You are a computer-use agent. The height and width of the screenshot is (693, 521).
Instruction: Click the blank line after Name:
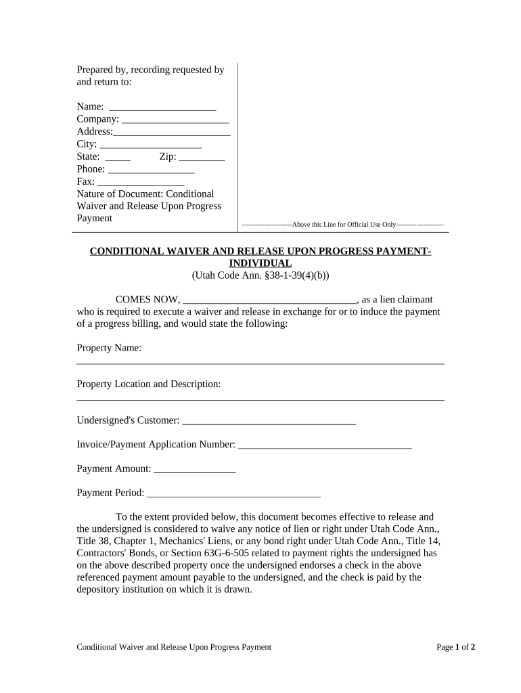pyautogui.click(x=162, y=108)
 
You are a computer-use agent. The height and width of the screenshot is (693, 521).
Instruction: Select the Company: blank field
pyautogui.click(x=175, y=120)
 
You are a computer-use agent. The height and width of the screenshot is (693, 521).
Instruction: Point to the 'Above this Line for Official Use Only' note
pyautogui.click(x=343, y=224)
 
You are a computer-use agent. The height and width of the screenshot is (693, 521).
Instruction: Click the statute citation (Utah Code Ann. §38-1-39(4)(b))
pyautogui.click(x=260, y=275)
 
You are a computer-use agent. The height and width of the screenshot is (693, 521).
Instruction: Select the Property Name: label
pyautogui.click(x=109, y=348)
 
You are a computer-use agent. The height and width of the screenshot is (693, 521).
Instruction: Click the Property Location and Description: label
pyautogui.click(x=149, y=384)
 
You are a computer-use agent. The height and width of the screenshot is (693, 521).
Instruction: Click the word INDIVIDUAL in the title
pyautogui.click(x=260, y=263)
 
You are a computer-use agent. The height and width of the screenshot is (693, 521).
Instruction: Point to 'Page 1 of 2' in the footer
pyautogui.click(x=455, y=647)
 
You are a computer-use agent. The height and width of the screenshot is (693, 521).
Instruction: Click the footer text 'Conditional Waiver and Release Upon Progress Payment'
pyautogui.click(x=174, y=647)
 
